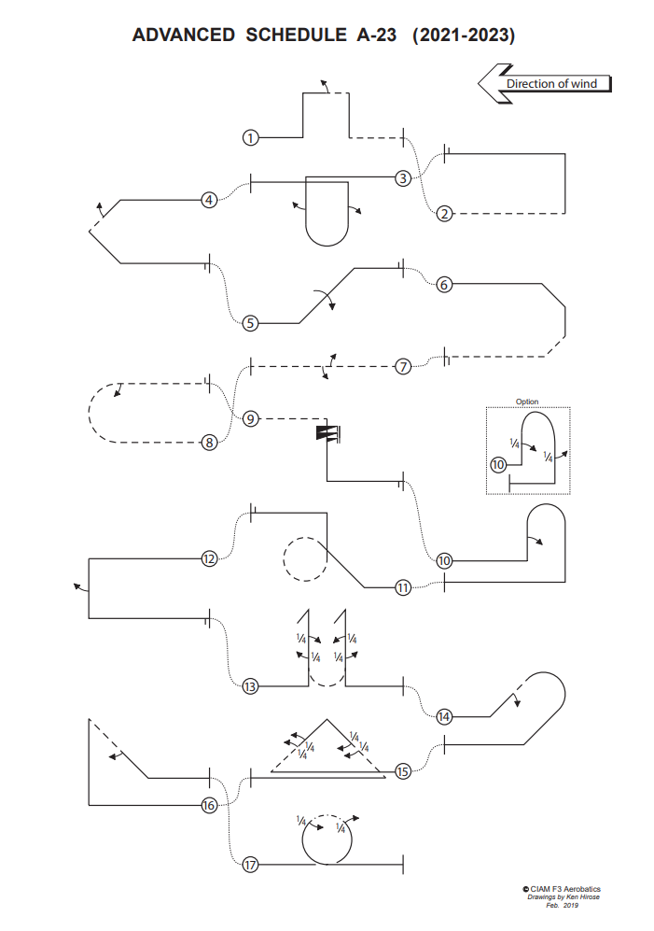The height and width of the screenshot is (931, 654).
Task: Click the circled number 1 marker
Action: coord(250,138)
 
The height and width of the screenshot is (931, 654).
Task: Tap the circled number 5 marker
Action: coord(250,324)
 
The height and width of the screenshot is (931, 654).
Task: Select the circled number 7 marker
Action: coord(403,366)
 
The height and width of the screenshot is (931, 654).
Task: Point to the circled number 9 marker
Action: coord(250,419)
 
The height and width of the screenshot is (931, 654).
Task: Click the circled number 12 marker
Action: coord(209,558)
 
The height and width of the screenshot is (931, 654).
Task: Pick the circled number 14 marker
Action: coord(444,716)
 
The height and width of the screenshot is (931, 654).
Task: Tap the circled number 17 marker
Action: coord(250,865)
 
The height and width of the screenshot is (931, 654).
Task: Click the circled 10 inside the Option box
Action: coord(498,464)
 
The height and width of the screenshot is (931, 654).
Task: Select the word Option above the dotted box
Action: coord(527,402)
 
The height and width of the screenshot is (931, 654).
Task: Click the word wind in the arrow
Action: coord(584,84)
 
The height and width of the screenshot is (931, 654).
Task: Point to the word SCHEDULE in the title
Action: coord(296,35)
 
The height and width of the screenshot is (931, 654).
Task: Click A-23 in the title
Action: coord(376,35)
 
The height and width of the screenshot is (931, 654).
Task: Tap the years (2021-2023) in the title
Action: coord(464,35)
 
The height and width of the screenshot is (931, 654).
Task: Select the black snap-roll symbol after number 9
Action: coord(327,433)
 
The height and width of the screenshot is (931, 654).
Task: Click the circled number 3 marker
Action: coord(403,177)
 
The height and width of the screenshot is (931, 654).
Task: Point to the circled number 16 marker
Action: coord(209,805)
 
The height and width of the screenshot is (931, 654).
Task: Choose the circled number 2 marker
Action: coord(444,213)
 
